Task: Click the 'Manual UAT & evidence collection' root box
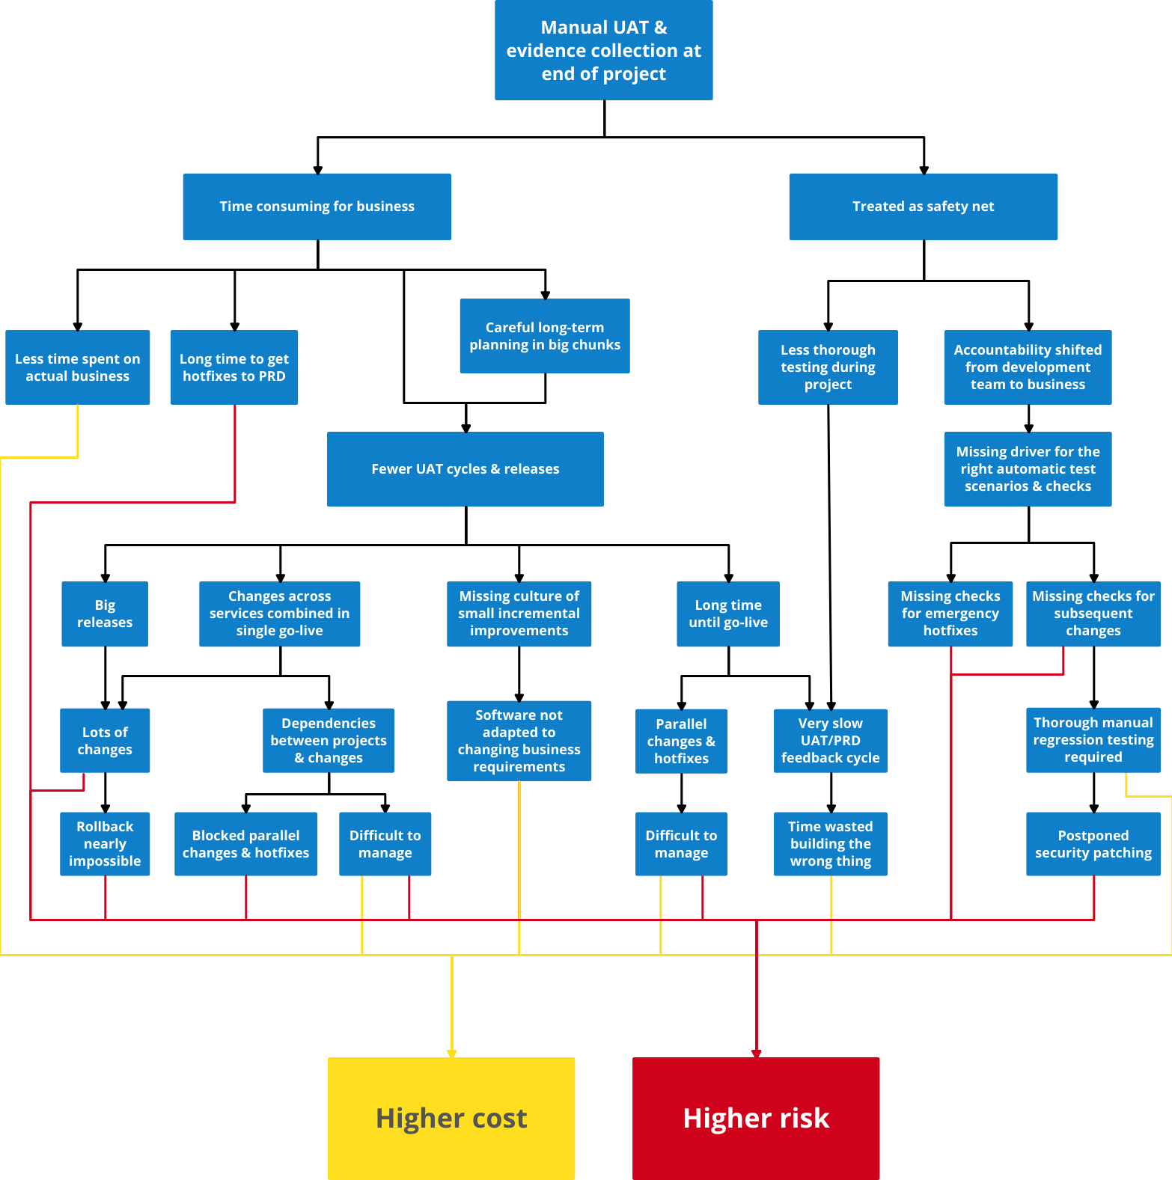pos(603,50)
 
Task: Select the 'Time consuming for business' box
pos(317,207)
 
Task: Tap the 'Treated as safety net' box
pos(923,207)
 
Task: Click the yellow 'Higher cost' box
pos(451,1118)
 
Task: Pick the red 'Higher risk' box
pos(755,1118)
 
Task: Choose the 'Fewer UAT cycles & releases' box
pos(465,469)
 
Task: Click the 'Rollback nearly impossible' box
pos(105,843)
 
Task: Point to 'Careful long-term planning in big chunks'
pos(544,336)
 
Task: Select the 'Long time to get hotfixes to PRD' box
pos(234,367)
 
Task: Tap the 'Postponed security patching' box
pos(1093,843)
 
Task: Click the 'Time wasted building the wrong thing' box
pos(830,843)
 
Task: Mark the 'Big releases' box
pos(105,614)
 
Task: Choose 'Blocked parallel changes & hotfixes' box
pos(245,843)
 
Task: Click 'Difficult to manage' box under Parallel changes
pos(681,843)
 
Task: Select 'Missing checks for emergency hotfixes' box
pos(950,614)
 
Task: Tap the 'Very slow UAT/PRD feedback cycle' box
pos(830,741)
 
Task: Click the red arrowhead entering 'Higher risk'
pos(756,1053)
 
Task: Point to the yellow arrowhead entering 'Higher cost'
pos(451,1053)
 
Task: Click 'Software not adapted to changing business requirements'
pos(519,741)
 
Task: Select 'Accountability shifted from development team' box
pos(1028,367)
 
